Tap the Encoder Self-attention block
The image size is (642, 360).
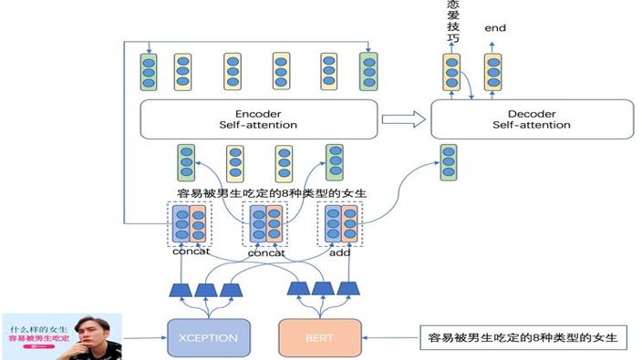tap(258, 118)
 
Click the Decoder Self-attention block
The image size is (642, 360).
tap(531, 118)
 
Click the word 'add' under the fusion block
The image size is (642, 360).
tap(339, 252)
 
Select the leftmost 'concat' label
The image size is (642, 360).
tap(191, 252)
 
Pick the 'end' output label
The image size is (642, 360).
tap(495, 28)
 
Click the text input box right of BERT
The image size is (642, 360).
tap(523, 337)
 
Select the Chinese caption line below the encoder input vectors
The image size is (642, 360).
tap(271, 193)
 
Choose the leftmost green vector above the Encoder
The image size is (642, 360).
tap(148, 72)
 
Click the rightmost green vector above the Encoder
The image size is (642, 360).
tap(368, 72)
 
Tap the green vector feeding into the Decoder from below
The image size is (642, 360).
tap(448, 161)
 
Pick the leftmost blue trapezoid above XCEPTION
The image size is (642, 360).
tap(180, 290)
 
